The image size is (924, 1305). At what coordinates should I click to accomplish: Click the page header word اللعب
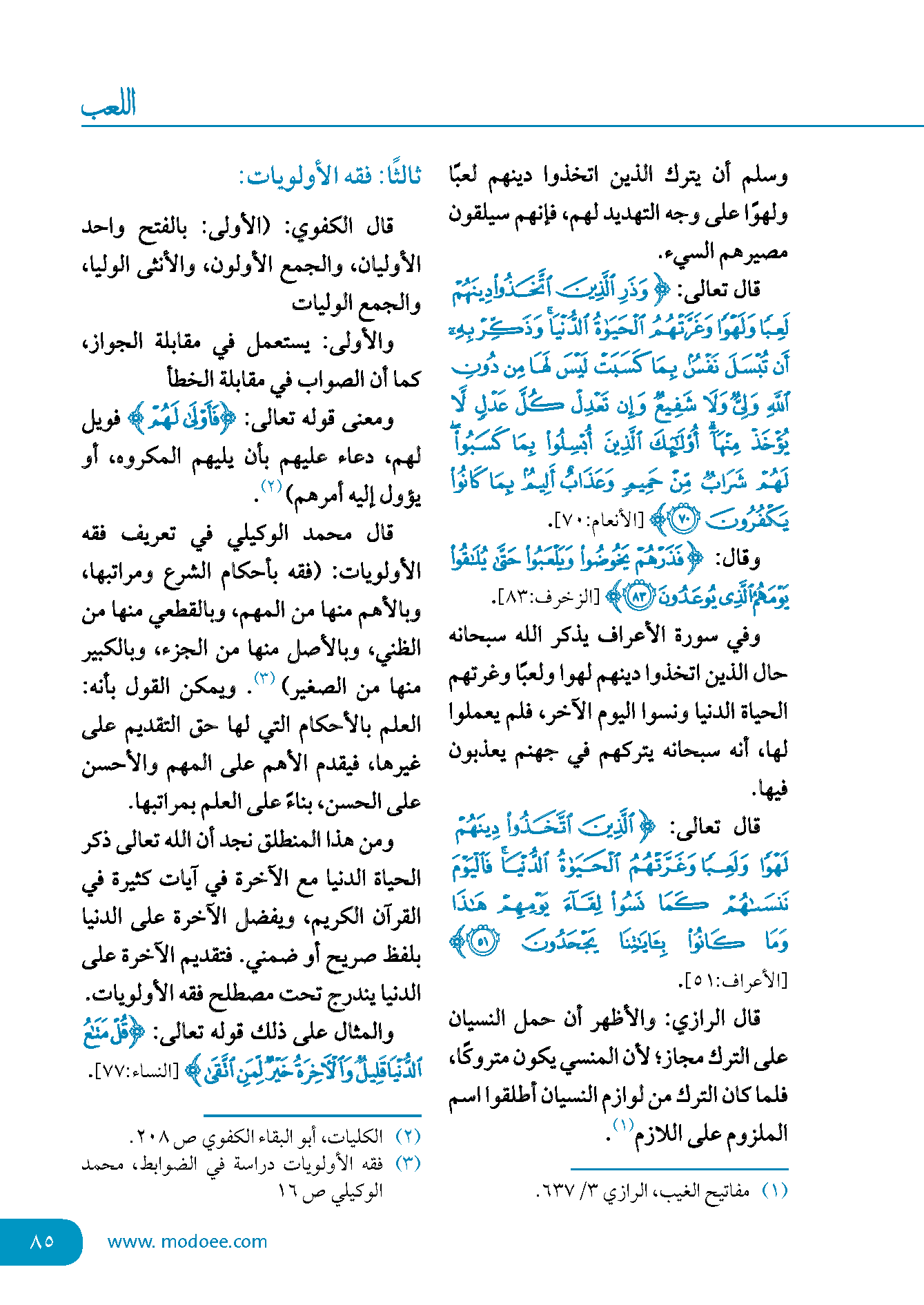click(108, 105)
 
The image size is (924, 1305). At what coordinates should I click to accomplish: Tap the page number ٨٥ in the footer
click(42, 1241)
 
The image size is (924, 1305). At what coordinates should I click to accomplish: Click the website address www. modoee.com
click(187, 1241)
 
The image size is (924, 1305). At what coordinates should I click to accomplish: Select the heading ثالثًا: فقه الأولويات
click(330, 177)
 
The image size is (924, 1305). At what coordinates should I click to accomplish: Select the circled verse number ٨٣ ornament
click(638, 597)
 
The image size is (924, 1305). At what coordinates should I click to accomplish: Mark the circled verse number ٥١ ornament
click(483, 942)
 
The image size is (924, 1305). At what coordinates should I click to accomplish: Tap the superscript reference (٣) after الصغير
click(265, 678)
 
